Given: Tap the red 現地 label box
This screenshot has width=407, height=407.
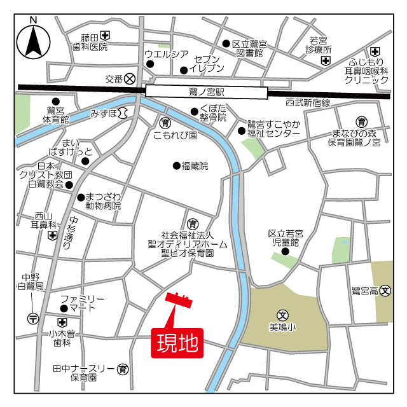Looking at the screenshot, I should pos(177,343).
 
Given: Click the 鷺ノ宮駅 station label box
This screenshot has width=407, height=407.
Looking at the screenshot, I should pos(207,92).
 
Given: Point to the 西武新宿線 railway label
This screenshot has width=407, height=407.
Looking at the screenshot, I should pos(308,102).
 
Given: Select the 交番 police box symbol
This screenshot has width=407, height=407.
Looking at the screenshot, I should pos(130,79).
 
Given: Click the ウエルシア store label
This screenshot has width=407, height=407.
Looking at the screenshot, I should pos(167,53).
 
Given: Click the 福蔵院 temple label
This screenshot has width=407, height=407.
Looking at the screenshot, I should pos(195,166).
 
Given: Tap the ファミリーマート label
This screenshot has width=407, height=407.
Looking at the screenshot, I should pos(82,303).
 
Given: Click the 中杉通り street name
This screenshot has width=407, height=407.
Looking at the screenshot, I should pos(68,233).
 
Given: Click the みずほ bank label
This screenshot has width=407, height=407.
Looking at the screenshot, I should pos(104,113).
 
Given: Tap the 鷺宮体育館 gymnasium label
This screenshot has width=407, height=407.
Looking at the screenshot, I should pos(56,114).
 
